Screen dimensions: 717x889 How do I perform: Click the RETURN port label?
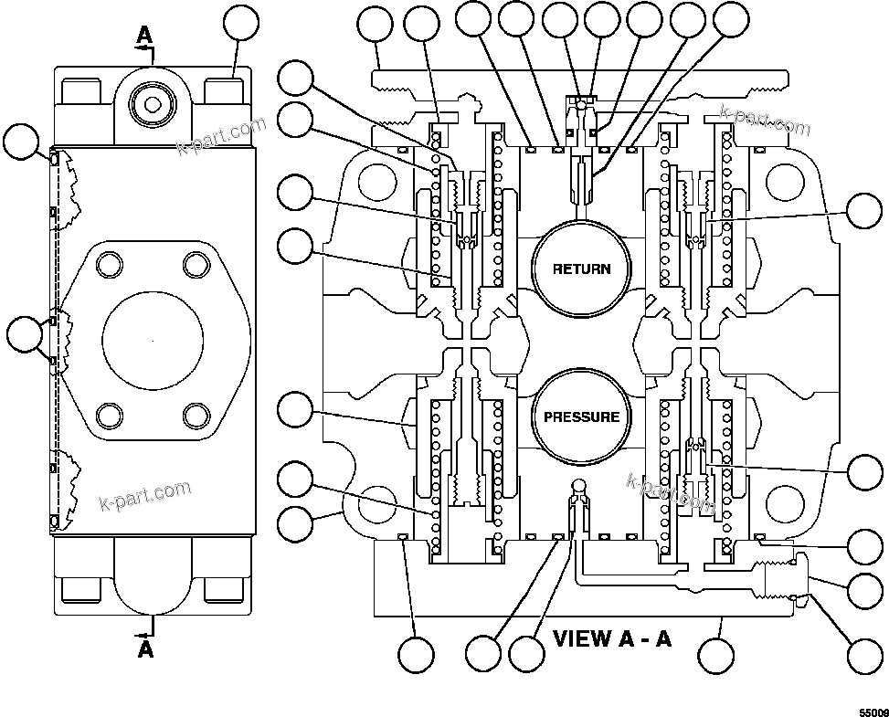click(581, 269)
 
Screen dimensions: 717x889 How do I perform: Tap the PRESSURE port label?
click(581, 417)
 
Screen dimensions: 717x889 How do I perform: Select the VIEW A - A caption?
click(611, 638)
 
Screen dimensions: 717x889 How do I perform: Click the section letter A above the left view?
click(144, 35)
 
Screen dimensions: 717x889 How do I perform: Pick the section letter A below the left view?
click(145, 649)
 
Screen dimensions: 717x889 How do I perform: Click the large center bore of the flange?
click(153, 336)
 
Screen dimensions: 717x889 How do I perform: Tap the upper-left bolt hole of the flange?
click(110, 266)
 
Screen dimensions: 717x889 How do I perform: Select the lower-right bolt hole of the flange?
click(196, 416)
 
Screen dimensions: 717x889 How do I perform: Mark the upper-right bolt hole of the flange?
click(196, 266)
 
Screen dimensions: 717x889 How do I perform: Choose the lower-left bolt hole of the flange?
click(110, 416)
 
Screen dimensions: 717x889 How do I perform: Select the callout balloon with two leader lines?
click(24, 335)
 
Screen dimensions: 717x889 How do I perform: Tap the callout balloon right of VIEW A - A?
click(716, 655)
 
